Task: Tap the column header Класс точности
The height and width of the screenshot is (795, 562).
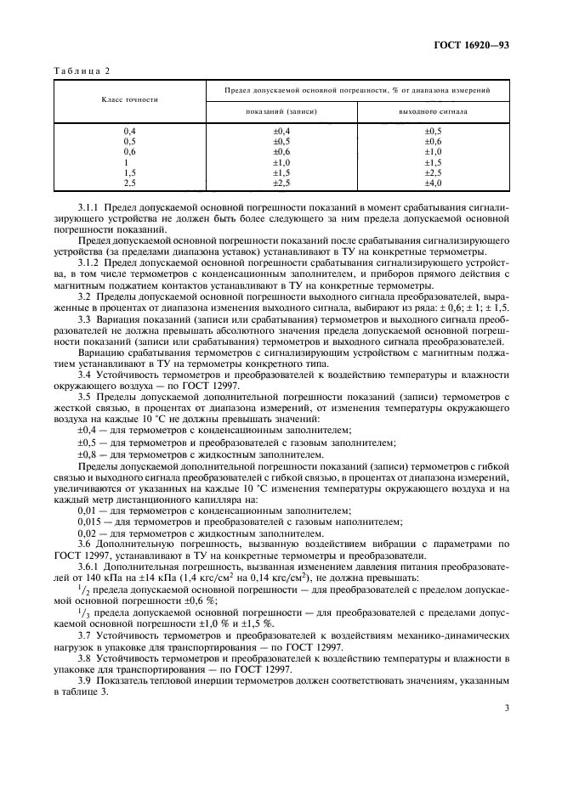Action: pyautogui.click(x=129, y=99)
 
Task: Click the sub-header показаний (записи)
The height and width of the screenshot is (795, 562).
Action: pyautogui.click(x=281, y=110)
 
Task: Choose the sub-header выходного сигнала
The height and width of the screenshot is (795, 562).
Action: pyautogui.click(x=433, y=110)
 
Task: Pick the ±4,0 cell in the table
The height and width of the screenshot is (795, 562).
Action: pyautogui.click(x=433, y=183)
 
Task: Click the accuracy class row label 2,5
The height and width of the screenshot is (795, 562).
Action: pyautogui.click(x=130, y=183)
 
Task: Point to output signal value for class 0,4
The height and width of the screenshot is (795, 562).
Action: pyautogui.click(x=433, y=131)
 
